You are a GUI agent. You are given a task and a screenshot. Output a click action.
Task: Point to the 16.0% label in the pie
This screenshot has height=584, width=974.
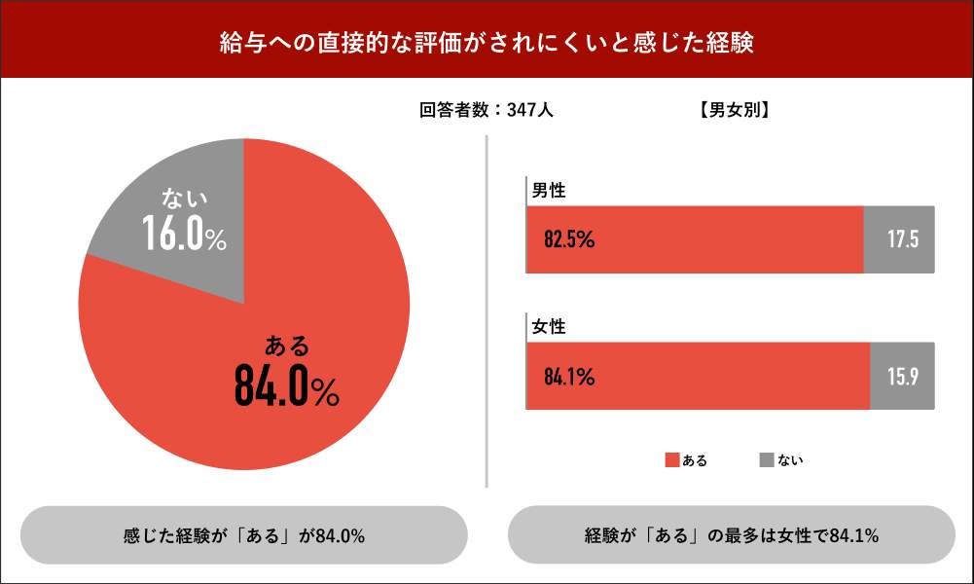(184, 235)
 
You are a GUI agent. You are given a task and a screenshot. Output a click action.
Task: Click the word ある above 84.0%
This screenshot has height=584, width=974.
(287, 346)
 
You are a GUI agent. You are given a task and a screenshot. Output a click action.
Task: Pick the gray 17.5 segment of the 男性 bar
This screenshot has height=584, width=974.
(899, 239)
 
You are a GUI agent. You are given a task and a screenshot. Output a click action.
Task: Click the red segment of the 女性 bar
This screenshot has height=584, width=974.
(698, 376)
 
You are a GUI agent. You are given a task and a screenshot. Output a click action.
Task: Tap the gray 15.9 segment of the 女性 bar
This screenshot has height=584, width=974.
(902, 376)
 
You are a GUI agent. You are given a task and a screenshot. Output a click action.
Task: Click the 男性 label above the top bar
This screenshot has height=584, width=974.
(548, 191)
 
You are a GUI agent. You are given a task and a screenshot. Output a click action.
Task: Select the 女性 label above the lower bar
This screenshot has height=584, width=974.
(548, 327)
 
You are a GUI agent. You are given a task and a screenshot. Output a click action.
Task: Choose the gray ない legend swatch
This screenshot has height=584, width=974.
(766, 459)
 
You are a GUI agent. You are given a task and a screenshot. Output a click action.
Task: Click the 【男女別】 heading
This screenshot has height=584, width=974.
(735, 111)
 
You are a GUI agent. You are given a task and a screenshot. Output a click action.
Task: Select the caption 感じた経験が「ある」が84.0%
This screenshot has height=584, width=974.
(243, 535)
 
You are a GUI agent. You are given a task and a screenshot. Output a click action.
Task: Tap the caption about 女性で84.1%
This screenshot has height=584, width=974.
(732, 535)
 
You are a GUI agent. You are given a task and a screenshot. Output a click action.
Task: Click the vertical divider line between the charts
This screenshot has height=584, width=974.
(486, 311)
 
